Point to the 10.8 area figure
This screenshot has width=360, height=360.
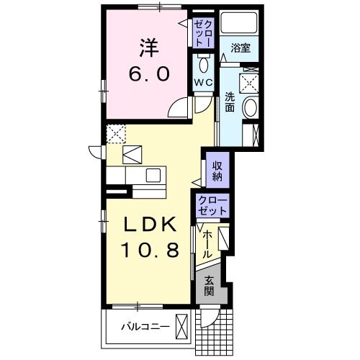tap(147, 252)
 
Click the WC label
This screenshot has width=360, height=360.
tap(202, 83)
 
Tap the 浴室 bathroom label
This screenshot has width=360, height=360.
tap(240, 48)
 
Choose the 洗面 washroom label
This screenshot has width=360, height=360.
tap(229, 102)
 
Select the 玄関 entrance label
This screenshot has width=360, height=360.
tap(209, 286)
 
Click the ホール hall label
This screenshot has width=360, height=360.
tap(207, 245)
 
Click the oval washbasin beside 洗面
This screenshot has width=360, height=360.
tap(250, 109)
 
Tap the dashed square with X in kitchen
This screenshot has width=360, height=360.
tap(116, 133)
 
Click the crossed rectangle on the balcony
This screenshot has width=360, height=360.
tap(184, 327)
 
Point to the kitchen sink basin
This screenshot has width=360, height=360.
tap(153, 174)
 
